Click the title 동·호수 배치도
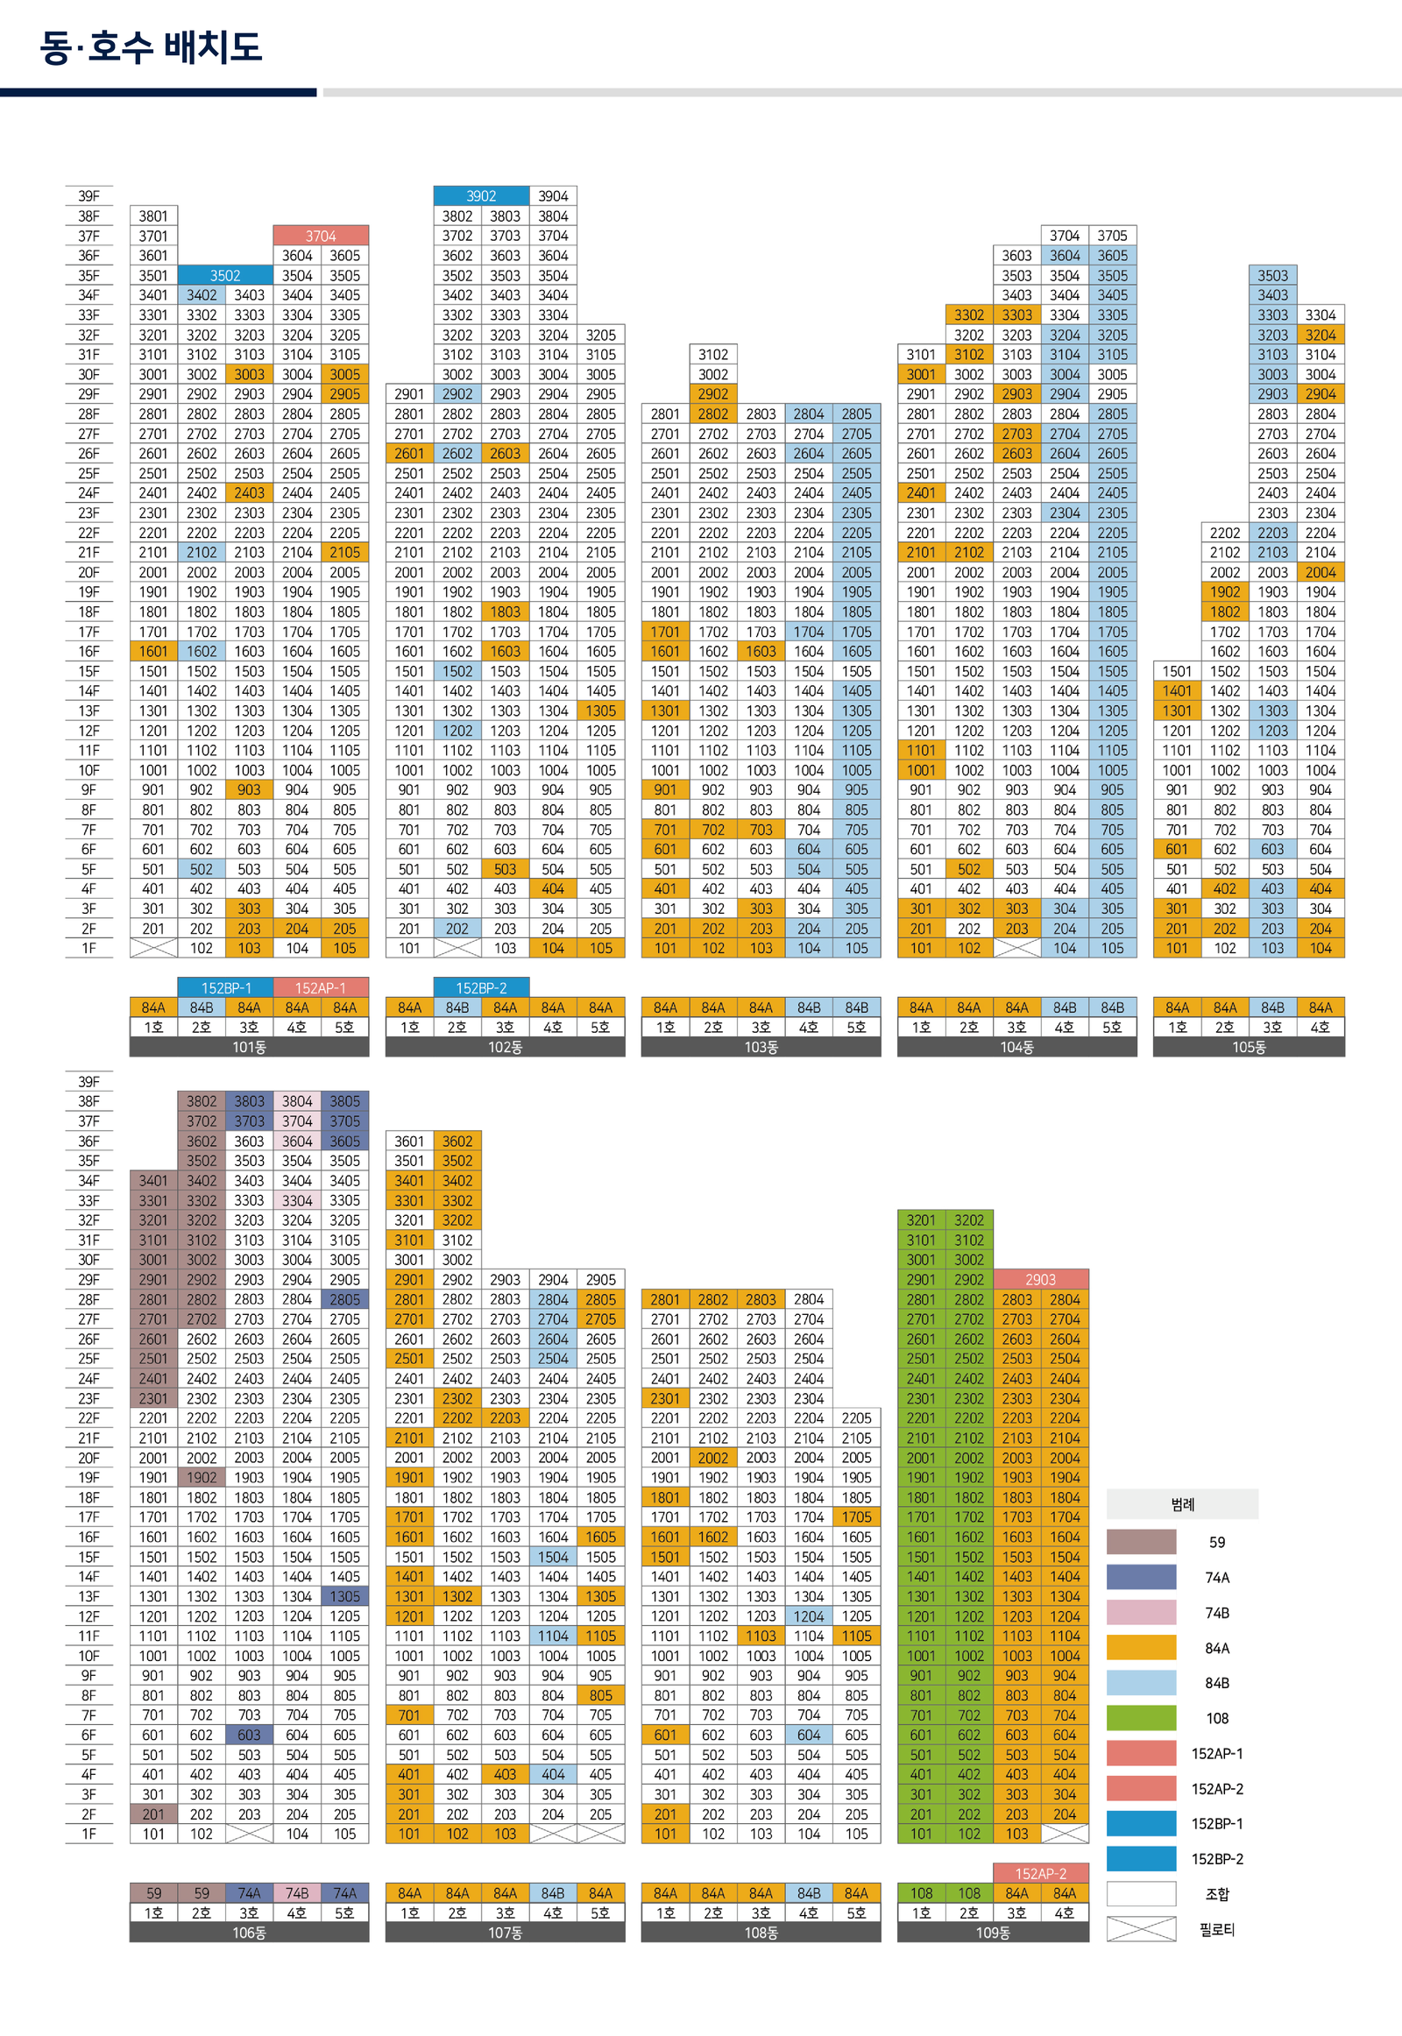(150, 47)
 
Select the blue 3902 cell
(480, 196)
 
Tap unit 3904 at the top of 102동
(553, 196)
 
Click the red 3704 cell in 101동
(321, 236)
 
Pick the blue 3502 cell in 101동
(225, 275)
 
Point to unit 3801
(152, 216)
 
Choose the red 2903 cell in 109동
(1040, 1279)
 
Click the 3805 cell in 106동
(344, 1101)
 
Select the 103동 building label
(761, 1047)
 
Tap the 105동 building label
(1249, 1047)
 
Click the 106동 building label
(249, 1933)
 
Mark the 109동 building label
(993, 1933)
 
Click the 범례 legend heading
(1181, 1504)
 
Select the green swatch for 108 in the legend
(1140, 1718)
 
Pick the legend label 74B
(1216, 1613)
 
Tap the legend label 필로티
(1216, 1930)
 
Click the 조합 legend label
(1216, 1895)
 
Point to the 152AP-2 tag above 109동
(1040, 1874)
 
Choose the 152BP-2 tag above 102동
(480, 988)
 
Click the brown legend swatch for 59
(1140, 1542)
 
